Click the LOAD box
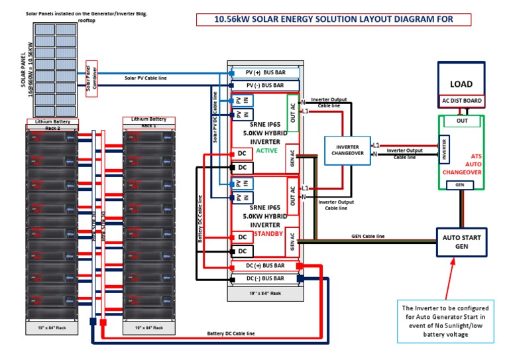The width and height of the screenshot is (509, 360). pos(461,84)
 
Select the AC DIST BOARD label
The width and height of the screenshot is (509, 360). pos(461,101)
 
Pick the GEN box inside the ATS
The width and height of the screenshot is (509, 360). pos(459,185)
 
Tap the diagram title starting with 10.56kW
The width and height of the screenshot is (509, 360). pos(334,19)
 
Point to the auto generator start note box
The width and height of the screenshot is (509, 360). pos(445,322)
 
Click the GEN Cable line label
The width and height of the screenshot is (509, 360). pos(367,236)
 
